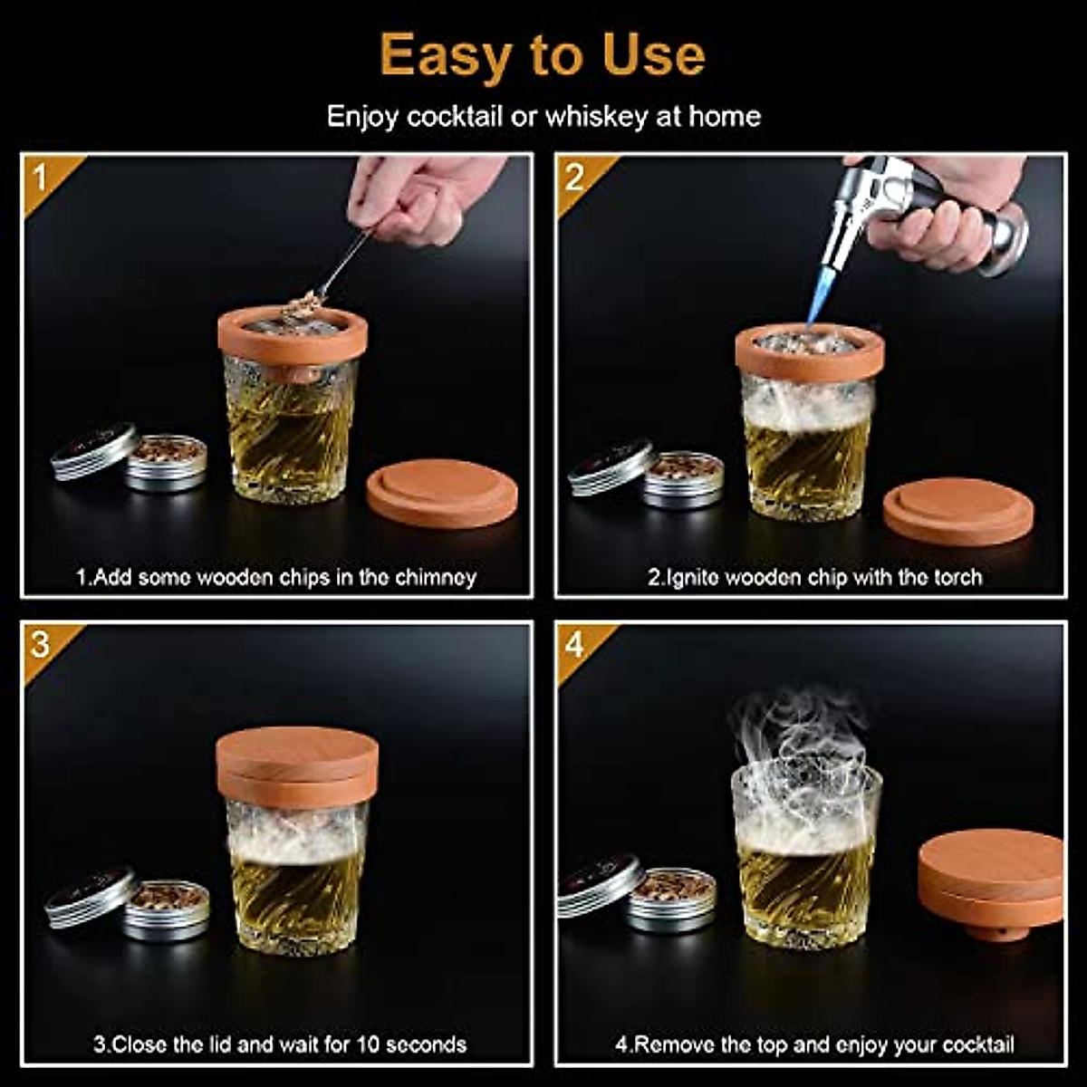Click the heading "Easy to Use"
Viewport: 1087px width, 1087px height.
pos(543,55)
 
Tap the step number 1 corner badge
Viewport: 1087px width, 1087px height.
pos(41,178)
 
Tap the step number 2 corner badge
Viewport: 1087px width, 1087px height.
pos(574,178)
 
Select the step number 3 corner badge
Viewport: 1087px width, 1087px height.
pos(41,645)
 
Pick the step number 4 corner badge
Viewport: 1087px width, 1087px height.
pos(574,645)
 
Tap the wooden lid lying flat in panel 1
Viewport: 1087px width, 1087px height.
pos(442,493)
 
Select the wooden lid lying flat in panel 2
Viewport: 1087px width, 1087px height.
pos(957,512)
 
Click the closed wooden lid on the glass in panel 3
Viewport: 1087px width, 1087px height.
pos(297,766)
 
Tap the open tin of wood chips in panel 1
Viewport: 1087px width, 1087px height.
pos(166,462)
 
